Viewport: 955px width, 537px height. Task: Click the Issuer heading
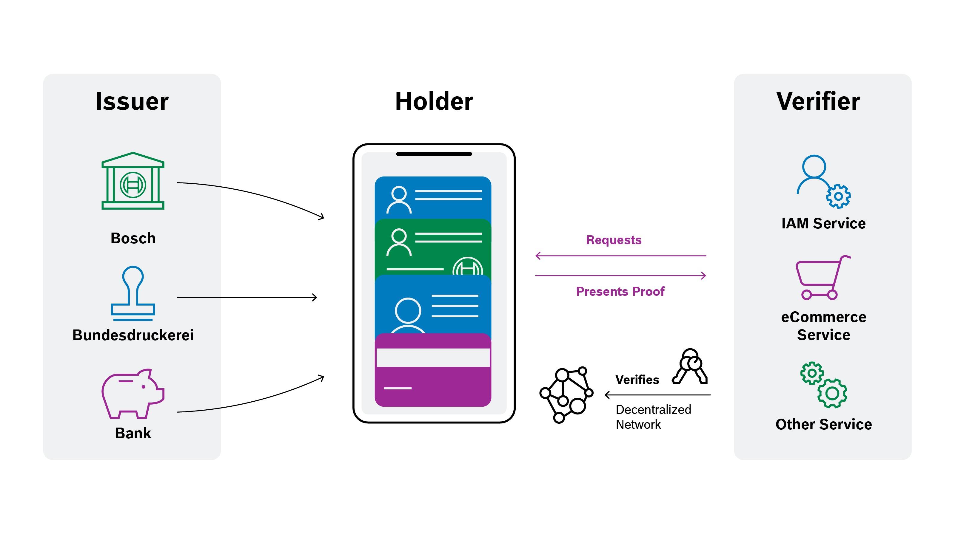132,101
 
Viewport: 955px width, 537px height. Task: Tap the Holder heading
434,101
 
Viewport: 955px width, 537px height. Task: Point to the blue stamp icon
133,293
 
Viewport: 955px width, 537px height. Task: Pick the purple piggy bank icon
133,393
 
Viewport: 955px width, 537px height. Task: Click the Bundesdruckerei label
133,335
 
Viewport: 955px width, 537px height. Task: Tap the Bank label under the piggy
133,433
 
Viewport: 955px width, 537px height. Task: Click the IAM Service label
823,223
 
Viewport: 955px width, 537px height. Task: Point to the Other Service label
823,424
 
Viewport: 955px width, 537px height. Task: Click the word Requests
614,240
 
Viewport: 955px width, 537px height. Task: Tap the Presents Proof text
620,292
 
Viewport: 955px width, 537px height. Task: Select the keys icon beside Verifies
690,367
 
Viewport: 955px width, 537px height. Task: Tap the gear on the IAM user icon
838,196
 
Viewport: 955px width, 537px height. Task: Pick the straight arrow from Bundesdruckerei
247,297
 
